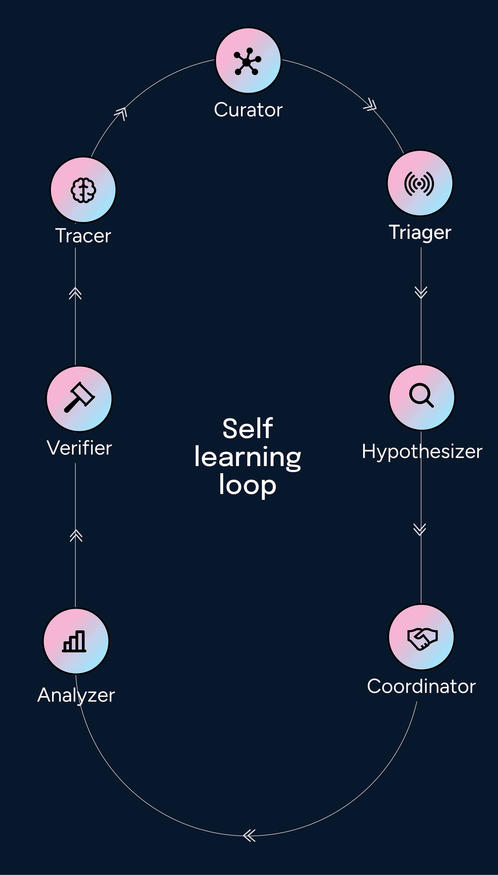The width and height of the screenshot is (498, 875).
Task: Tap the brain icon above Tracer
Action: click(83, 190)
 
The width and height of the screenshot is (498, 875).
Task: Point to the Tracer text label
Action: click(83, 236)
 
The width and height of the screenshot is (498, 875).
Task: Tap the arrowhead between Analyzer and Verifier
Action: click(76, 535)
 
